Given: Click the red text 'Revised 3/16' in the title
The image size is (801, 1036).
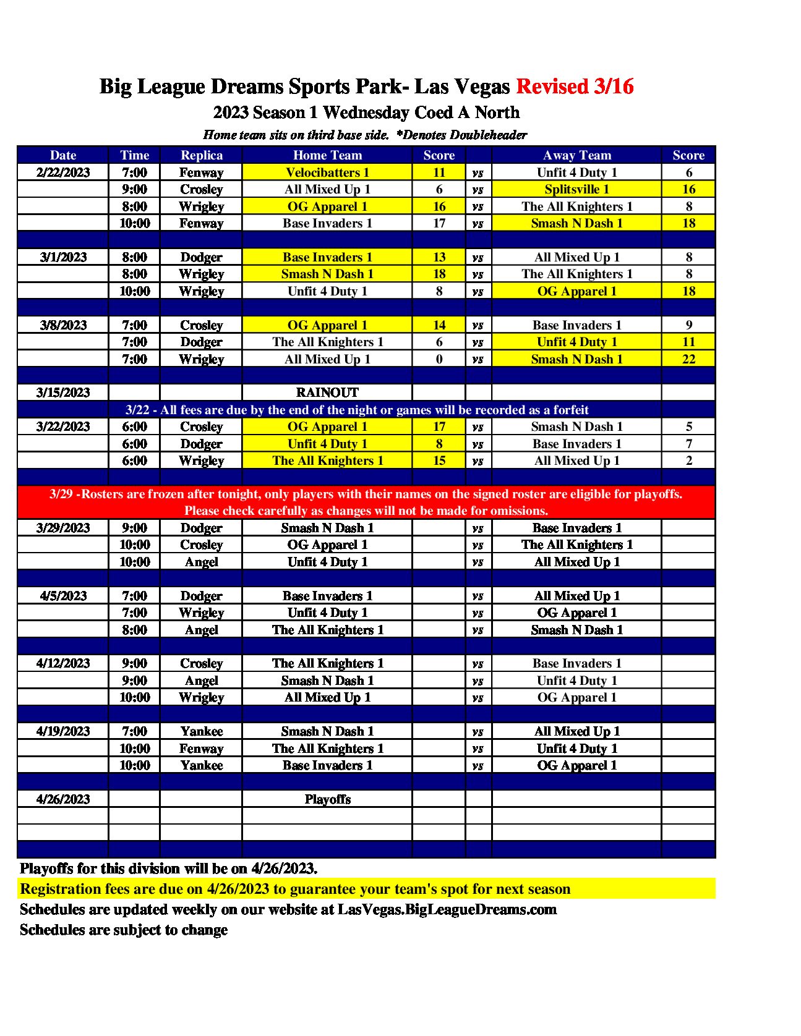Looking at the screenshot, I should coord(575,87).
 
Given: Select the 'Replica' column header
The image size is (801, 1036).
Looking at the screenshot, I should coord(201,155).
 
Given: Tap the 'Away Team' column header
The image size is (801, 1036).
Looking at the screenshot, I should coord(576,155).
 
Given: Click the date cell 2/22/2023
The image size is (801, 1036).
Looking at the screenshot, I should coord(63,172).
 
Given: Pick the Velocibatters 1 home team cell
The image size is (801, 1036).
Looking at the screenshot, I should coord(327,172).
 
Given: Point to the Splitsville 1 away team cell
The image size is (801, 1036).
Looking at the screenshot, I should coord(576,189).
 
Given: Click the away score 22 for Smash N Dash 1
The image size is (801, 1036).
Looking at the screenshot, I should coord(688,359).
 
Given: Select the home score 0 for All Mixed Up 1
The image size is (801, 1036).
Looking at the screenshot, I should coord(439,359).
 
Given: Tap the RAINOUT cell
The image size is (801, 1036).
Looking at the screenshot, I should coord(327,393).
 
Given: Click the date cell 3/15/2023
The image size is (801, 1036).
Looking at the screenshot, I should coord(63,393).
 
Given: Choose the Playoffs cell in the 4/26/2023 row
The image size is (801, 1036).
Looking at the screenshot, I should coord(327,799).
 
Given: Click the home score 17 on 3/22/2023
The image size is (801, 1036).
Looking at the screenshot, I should coord(439,427).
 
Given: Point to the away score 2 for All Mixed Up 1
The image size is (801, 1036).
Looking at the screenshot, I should coord(688,461).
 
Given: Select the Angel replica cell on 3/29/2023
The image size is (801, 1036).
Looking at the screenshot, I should coord(201,562).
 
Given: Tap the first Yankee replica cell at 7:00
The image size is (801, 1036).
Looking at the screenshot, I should coord(201,731).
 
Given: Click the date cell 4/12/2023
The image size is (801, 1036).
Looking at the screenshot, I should coord(63,663).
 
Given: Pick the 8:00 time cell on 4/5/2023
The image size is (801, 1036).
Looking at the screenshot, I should coord(134,630).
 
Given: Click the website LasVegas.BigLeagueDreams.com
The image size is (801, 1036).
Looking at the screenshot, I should coord(447,909).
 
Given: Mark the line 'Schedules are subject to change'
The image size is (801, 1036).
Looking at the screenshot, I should coord(124,930).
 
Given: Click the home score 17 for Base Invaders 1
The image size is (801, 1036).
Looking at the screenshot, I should coord(439,223).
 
